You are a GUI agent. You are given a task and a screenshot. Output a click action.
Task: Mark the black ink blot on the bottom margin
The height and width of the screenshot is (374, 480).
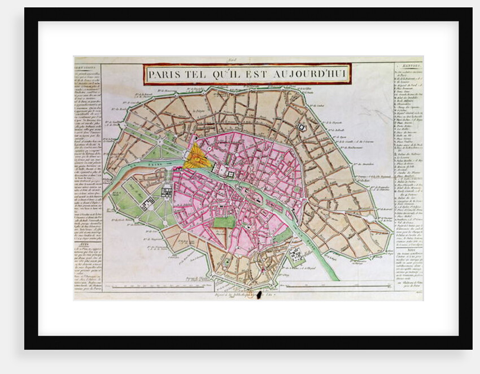259,294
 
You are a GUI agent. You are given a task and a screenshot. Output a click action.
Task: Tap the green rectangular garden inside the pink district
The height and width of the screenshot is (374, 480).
224,222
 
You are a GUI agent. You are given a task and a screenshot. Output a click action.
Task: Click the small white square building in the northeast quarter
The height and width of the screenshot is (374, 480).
302,128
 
